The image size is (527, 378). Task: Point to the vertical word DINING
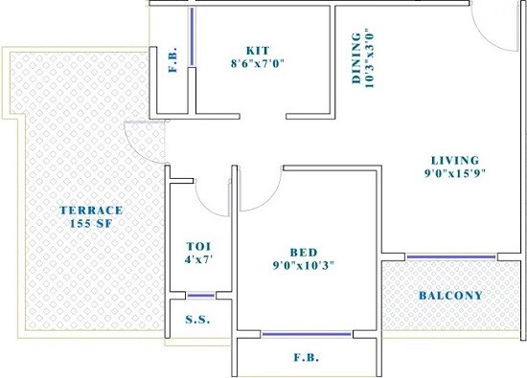click(x=356, y=59)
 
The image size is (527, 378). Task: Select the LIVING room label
click(x=454, y=159)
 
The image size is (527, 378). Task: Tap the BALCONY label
click(x=450, y=295)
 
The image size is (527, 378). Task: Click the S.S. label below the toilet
click(x=196, y=320)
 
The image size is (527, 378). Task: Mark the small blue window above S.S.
click(x=200, y=295)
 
